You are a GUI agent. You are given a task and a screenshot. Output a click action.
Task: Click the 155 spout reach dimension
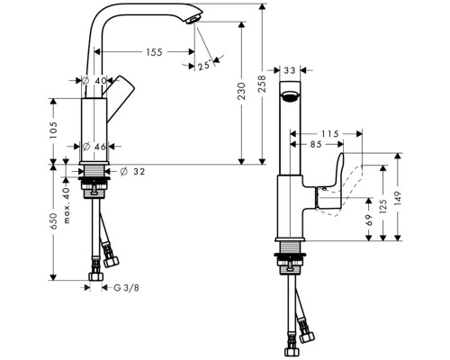(153, 53)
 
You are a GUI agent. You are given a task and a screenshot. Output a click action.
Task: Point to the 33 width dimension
(290, 68)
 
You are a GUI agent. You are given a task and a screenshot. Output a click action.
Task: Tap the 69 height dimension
(370, 218)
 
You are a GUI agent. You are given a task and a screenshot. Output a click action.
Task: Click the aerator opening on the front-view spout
(290, 97)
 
